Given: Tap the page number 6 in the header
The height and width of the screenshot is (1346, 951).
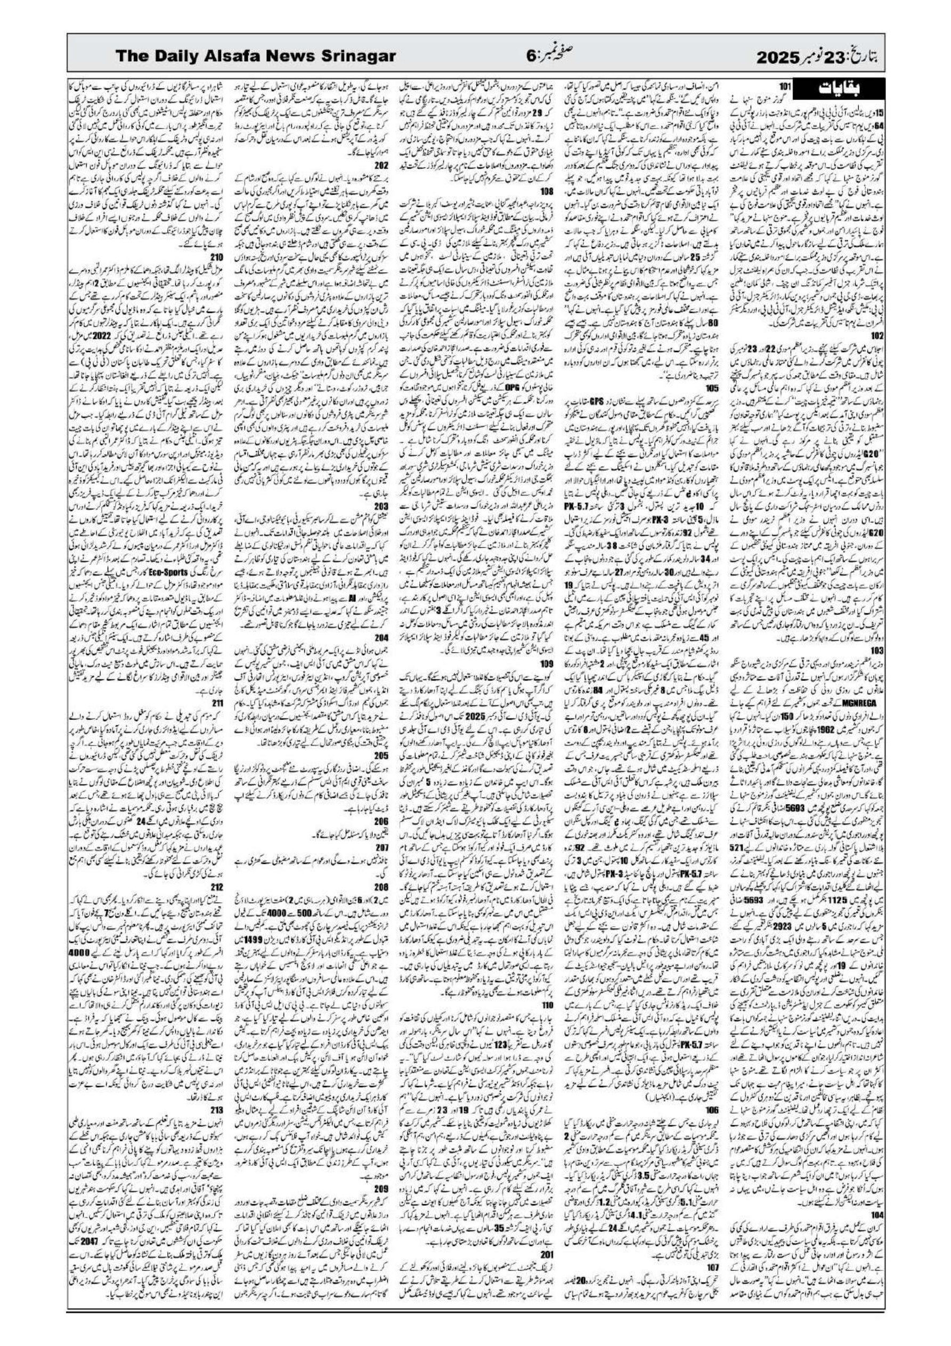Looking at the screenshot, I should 531,56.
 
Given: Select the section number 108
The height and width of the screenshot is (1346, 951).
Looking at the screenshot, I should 547,191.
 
